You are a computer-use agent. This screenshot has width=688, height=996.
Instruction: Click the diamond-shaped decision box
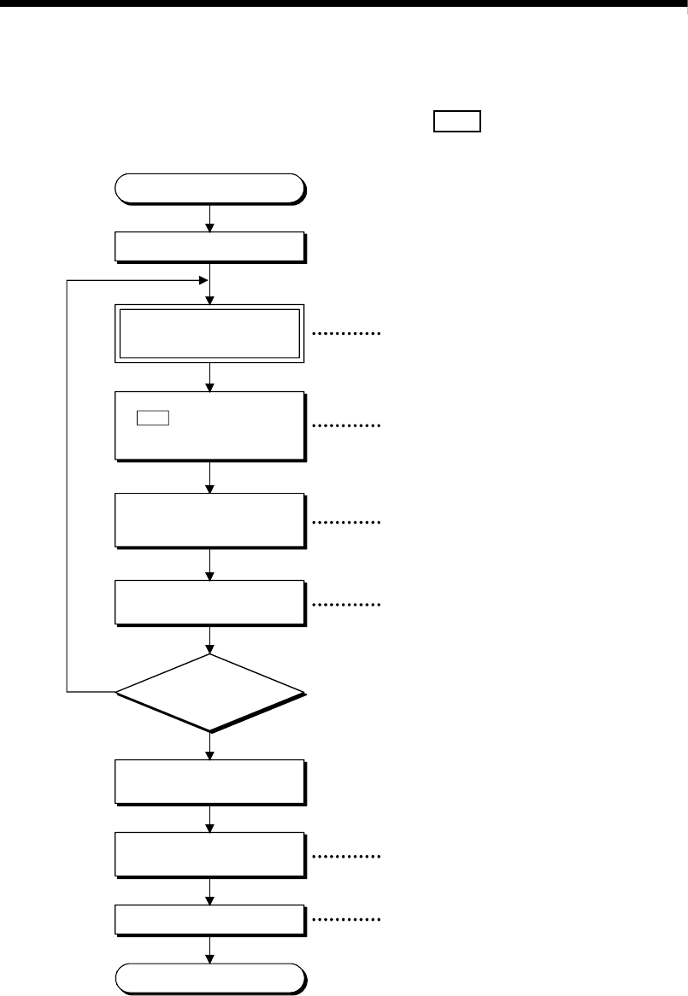[x=210, y=692]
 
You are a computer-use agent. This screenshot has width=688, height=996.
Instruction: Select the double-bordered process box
[x=210, y=333]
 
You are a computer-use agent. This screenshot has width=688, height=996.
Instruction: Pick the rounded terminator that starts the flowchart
[x=210, y=188]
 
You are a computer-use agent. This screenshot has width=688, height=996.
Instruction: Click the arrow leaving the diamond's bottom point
[x=210, y=746]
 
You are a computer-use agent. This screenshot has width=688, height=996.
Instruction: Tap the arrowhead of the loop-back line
[x=203, y=280]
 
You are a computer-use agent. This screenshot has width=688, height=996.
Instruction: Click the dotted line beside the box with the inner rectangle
[x=346, y=425]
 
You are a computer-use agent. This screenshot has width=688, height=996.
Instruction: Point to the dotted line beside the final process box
[x=346, y=920]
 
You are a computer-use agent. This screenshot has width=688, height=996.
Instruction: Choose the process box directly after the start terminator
[x=210, y=247]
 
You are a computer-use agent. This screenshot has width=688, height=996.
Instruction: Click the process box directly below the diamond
[x=210, y=782]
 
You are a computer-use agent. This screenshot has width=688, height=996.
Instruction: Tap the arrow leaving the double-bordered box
[x=210, y=376]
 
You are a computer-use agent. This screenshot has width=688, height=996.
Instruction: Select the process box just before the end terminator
[x=210, y=919]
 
